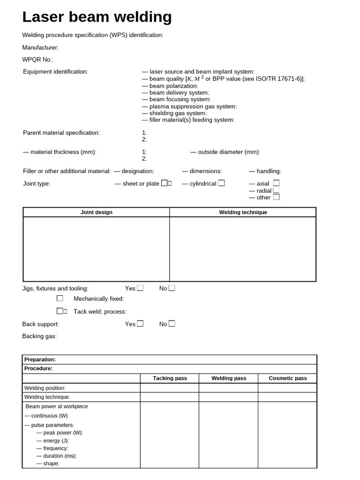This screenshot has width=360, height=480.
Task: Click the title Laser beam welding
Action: (x=97, y=17)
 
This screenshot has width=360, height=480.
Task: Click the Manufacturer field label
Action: (x=40, y=47)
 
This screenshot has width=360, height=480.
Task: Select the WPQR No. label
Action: (x=38, y=60)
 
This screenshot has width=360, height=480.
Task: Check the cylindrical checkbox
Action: (x=221, y=183)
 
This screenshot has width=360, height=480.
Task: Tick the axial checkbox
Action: (x=276, y=183)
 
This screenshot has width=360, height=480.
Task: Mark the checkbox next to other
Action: (x=276, y=197)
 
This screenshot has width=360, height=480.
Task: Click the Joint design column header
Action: (x=97, y=212)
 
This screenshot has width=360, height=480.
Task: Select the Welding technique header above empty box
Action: (x=243, y=212)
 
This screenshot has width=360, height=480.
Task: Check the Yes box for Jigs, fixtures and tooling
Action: (x=140, y=288)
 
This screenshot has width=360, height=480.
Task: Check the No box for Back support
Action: (x=172, y=323)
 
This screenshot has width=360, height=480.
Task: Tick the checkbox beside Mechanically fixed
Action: (x=60, y=299)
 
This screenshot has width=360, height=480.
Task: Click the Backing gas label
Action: (x=39, y=336)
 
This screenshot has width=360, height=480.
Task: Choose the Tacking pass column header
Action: (x=170, y=378)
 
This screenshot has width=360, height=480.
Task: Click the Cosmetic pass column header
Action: (x=288, y=378)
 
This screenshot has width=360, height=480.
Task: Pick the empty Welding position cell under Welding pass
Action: (x=228, y=388)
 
